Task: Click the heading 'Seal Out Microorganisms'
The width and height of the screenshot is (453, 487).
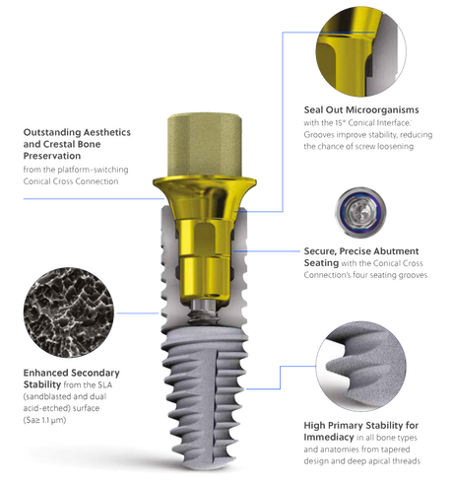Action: tap(361, 109)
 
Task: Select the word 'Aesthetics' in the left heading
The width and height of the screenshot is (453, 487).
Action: tap(106, 132)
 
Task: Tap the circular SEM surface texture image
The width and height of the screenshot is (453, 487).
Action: tap(68, 313)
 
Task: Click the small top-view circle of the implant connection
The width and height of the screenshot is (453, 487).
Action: tap(360, 212)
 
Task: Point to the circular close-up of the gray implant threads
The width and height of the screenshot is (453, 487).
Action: tap(360, 366)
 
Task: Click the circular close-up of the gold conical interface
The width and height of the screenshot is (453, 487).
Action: tap(360, 51)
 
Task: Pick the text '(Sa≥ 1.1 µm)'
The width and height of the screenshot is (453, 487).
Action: tap(44, 420)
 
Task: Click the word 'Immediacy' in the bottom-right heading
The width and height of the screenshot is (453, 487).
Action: tap(329, 437)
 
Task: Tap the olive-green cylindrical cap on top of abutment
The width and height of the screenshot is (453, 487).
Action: tap(205, 145)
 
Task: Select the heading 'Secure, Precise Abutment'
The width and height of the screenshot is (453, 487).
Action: tap(361, 251)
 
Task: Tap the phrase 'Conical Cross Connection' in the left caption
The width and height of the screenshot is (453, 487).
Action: tap(71, 181)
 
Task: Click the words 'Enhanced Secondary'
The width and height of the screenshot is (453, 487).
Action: tap(71, 373)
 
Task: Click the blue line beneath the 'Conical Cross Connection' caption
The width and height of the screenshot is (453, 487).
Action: tap(94, 199)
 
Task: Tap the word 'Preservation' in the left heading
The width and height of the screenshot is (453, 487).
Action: tap(52, 156)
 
